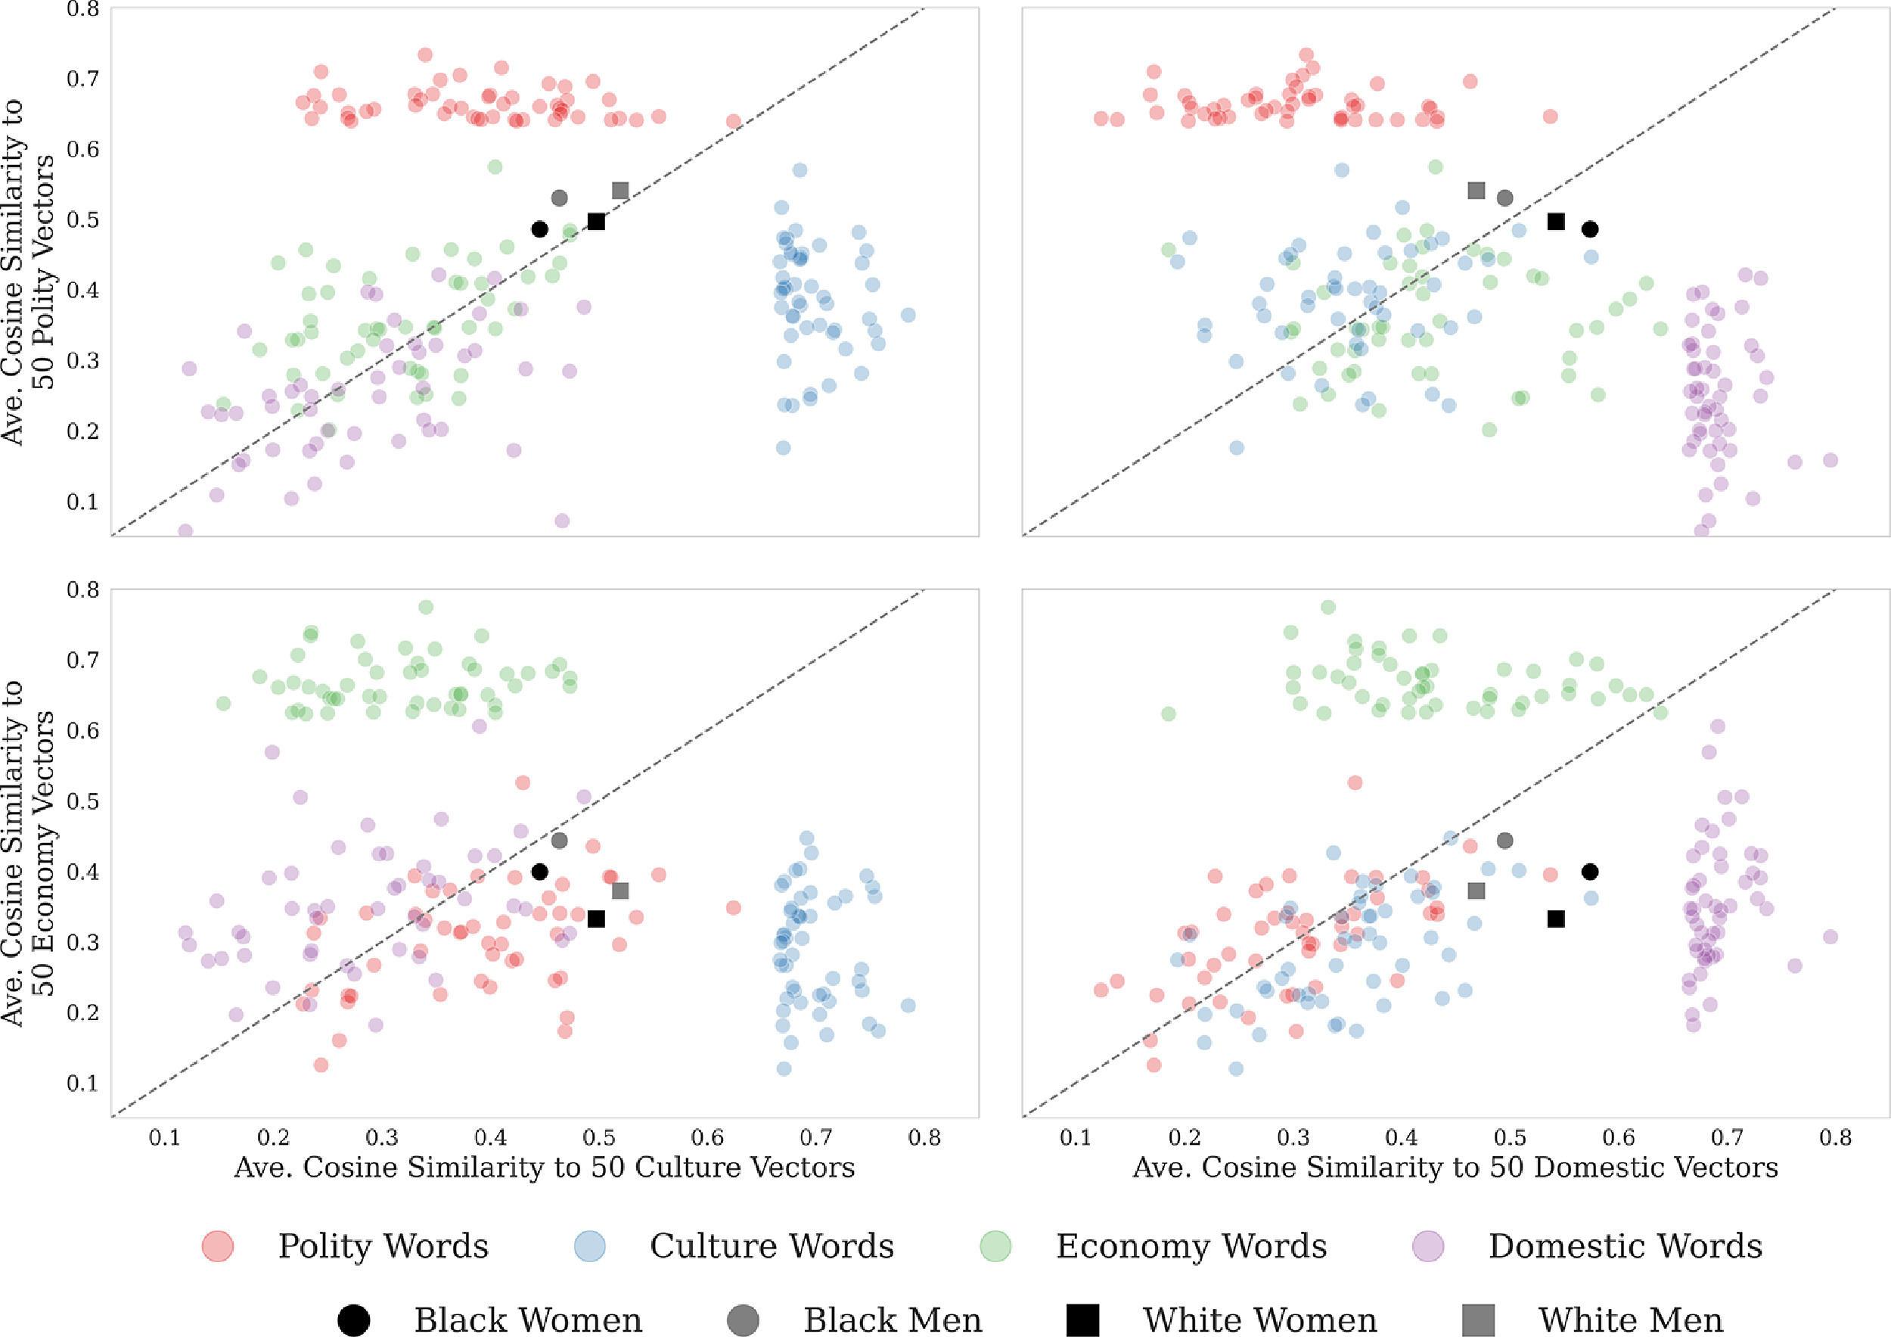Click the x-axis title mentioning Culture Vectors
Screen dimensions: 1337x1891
point(545,1168)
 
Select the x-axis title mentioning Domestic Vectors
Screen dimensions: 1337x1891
point(1455,1168)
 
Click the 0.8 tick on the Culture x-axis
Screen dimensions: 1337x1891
point(924,1138)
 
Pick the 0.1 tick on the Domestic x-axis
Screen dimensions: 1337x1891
point(1076,1138)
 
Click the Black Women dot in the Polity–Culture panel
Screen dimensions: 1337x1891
point(539,229)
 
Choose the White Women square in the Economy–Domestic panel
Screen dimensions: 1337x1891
point(1556,919)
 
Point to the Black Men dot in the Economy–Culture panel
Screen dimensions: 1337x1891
point(559,840)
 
